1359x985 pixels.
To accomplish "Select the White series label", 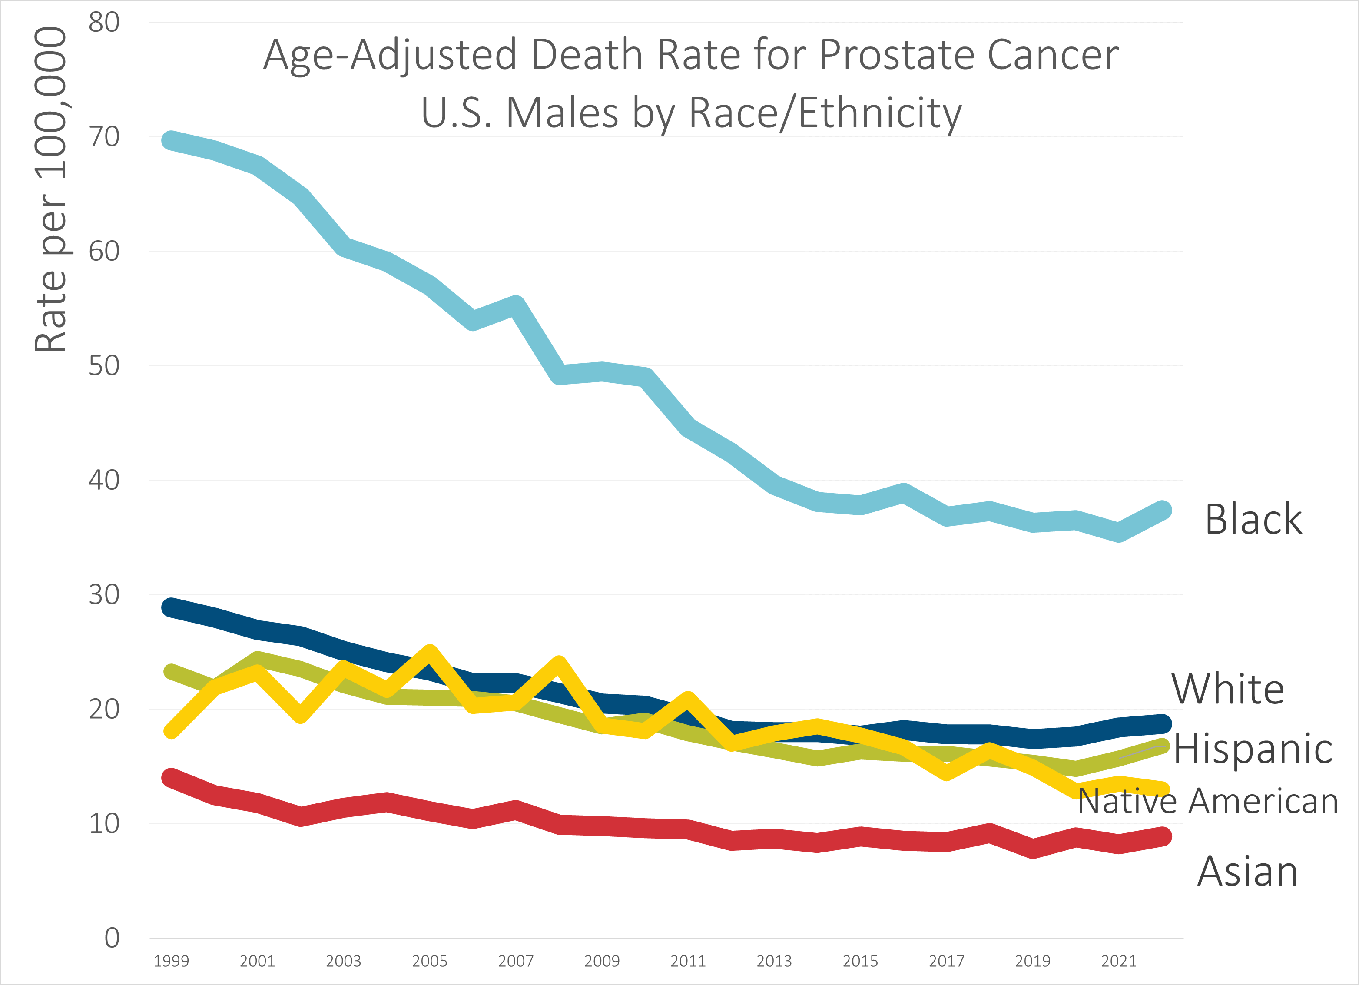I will (1228, 689).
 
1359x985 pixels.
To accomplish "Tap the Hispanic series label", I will (1253, 749).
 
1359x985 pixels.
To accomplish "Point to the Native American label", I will (1207, 801).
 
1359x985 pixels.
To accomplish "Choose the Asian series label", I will (1247, 871).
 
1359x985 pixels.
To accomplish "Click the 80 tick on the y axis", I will (104, 23).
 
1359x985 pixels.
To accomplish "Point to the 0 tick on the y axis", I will (112, 938).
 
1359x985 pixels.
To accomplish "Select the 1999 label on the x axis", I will (171, 961).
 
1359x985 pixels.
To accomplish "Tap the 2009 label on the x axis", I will (602, 961).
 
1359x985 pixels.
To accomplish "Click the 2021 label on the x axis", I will (1119, 961).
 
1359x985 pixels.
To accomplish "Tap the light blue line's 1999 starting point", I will (171, 140).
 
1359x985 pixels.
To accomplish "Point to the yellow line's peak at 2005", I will (430, 651).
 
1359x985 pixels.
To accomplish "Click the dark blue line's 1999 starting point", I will (171, 607).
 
